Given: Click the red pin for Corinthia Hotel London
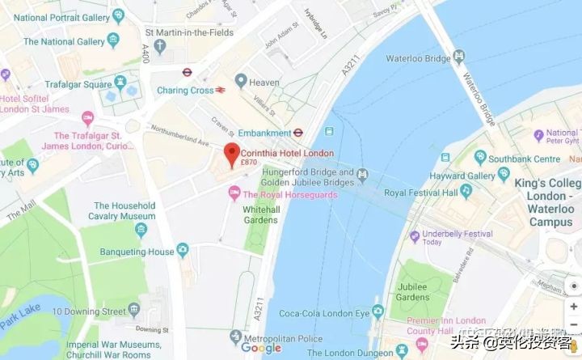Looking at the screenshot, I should [231, 155].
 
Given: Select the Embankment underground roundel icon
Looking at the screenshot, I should [298, 133].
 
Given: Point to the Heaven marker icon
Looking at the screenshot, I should [240, 80].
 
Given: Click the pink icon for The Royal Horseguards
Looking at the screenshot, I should [234, 194].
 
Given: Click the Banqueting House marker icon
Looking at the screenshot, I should [183, 251].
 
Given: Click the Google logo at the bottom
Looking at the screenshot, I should [261, 348].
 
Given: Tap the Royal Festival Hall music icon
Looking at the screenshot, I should [466, 192].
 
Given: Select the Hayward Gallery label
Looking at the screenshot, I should [462, 176].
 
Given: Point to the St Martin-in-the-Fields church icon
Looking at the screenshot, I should [159, 46].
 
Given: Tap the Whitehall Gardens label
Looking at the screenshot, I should [261, 214].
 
